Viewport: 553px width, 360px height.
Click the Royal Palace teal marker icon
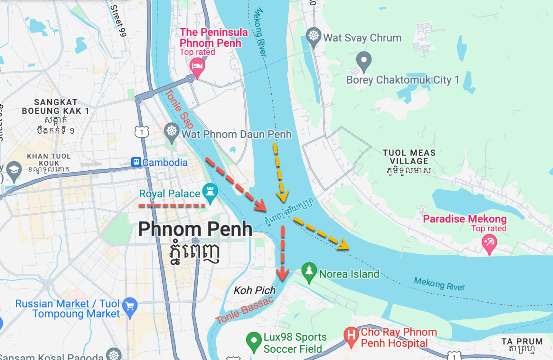click(210, 192)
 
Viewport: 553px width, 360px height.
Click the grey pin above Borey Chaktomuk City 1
click(364, 60)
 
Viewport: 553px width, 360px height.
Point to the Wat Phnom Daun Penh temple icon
click(172, 131)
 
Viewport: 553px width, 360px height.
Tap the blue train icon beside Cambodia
click(136, 162)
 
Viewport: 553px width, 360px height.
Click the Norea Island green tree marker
click(309, 271)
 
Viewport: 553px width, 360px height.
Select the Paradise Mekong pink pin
click(489, 242)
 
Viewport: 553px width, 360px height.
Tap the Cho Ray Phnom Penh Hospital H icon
click(351, 335)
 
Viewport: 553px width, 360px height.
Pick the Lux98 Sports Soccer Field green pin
click(254, 341)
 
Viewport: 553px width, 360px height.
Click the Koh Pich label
click(254, 290)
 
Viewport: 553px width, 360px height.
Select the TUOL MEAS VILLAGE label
click(409, 157)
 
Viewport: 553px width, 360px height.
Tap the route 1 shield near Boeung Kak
click(142, 132)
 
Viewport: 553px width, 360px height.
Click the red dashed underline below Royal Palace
click(172, 205)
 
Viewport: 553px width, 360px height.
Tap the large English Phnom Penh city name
click(195, 229)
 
